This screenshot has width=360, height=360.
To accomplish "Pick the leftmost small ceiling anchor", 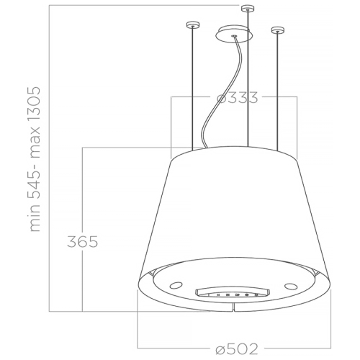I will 192,27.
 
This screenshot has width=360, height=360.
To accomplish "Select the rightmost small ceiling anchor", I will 274,30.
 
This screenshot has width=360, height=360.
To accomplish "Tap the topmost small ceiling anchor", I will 248,9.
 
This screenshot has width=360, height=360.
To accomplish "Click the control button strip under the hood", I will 230,294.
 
